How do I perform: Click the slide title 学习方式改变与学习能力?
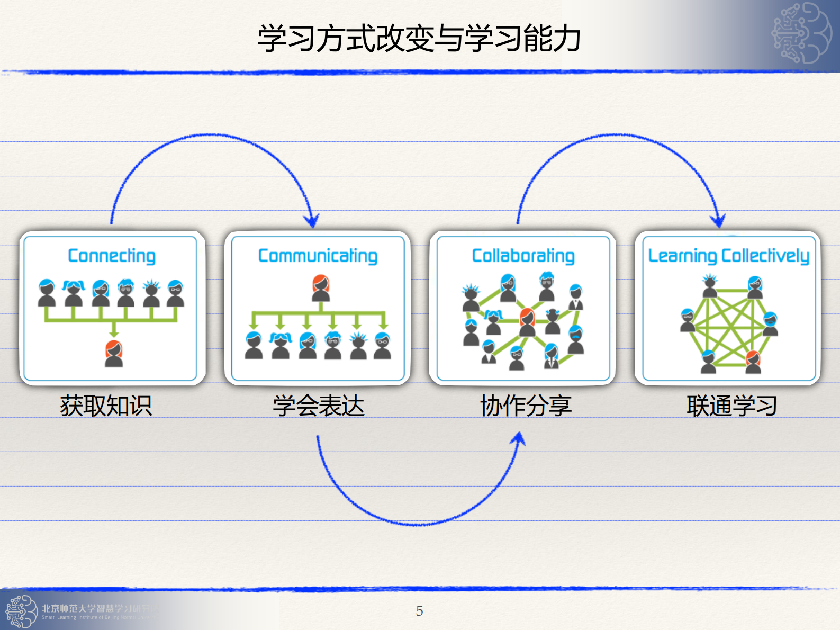point(419,38)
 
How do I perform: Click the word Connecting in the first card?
point(112,256)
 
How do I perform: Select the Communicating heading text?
point(318,256)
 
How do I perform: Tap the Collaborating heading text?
point(523,256)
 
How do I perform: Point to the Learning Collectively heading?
point(728,256)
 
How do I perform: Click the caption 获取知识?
point(106,407)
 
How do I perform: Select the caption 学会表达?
point(319,407)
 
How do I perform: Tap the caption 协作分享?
point(526,407)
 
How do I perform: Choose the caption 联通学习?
point(731,407)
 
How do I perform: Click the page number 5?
point(419,611)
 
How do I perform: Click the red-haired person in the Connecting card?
point(114,354)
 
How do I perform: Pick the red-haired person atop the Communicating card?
point(321,288)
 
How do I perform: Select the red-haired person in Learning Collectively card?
point(753,362)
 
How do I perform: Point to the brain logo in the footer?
point(21,611)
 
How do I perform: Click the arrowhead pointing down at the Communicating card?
point(312,221)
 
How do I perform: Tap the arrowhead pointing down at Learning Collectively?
point(718,221)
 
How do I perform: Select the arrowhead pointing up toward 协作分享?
point(520,439)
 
